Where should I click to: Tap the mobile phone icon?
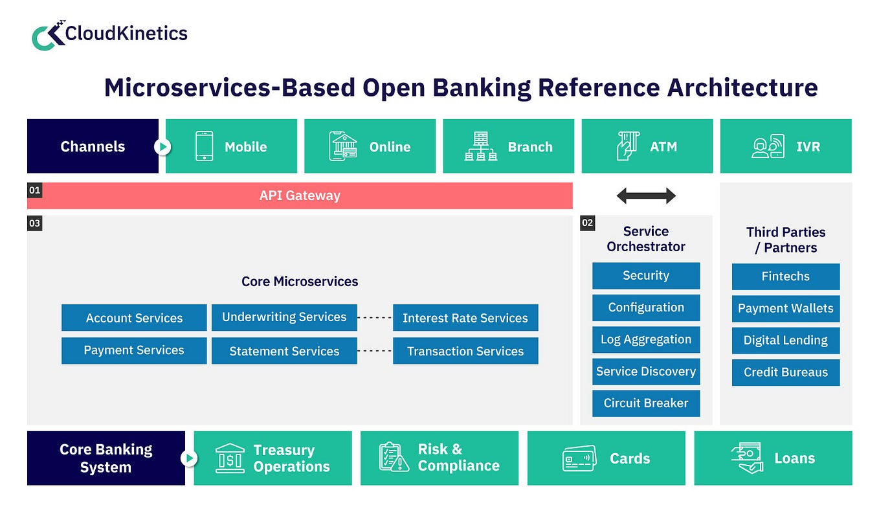204,146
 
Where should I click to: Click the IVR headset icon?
768,146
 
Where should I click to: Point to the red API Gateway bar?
300,196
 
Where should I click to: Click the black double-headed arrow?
646,196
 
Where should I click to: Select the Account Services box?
134,318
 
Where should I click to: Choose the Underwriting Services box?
284,317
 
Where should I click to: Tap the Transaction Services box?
465,351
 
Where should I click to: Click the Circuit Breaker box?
646,403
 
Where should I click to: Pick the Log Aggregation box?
646,339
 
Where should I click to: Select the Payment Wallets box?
786,308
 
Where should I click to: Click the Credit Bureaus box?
786,372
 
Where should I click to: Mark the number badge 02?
587,223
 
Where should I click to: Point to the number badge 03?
34,223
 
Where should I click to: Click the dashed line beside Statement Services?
375,351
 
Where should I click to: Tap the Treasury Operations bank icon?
230,458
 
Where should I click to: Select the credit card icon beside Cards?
579,458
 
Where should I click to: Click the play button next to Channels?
162,147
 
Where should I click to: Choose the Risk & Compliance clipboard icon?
394,457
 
